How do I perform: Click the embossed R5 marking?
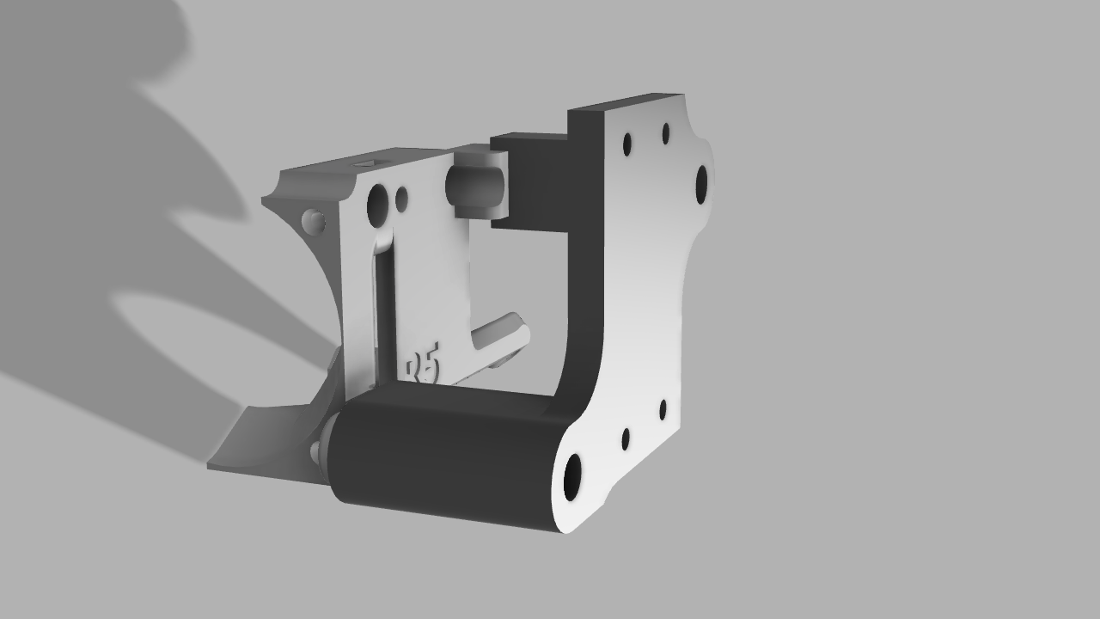point(423,366)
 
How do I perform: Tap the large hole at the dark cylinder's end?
point(571,477)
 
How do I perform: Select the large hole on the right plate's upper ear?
point(701,183)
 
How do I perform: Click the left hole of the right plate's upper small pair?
point(627,144)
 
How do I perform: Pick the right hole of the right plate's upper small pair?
point(666,133)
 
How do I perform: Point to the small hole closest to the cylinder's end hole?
point(626,440)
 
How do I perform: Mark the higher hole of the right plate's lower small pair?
point(663,409)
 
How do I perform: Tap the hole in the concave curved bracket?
point(314,223)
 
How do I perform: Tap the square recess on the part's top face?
point(370,162)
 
